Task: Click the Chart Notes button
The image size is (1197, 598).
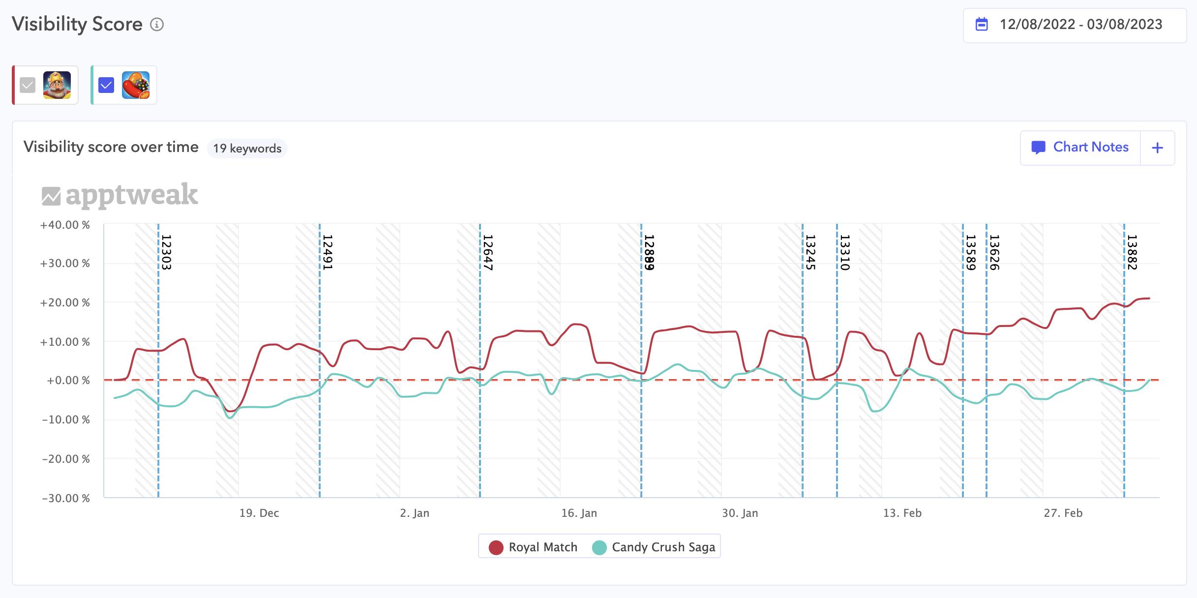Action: pyautogui.click(x=1080, y=148)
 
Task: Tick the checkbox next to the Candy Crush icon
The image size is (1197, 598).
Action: pyautogui.click(x=106, y=85)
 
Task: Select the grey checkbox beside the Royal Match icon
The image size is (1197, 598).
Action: pyautogui.click(x=28, y=85)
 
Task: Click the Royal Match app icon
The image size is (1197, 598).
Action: pyautogui.click(x=57, y=85)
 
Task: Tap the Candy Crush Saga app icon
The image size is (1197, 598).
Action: pyautogui.click(x=136, y=85)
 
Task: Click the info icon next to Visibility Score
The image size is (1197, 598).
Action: pyautogui.click(x=157, y=25)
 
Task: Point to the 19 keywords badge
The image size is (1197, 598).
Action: pyautogui.click(x=247, y=149)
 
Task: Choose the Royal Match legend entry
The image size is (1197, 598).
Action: pyautogui.click(x=533, y=547)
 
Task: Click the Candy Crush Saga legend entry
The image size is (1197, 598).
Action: pyautogui.click(x=654, y=547)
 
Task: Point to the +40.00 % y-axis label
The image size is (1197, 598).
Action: pyautogui.click(x=65, y=225)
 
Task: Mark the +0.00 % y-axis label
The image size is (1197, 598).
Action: pyautogui.click(x=68, y=381)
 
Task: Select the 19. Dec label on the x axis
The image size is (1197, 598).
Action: pyautogui.click(x=259, y=513)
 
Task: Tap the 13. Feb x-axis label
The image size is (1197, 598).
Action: pyautogui.click(x=902, y=513)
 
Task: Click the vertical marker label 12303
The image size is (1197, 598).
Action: pyautogui.click(x=166, y=252)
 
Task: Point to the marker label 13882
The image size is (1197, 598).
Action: pyautogui.click(x=1132, y=252)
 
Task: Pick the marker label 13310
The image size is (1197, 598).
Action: pyautogui.click(x=845, y=252)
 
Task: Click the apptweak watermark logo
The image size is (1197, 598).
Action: pyautogui.click(x=120, y=195)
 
